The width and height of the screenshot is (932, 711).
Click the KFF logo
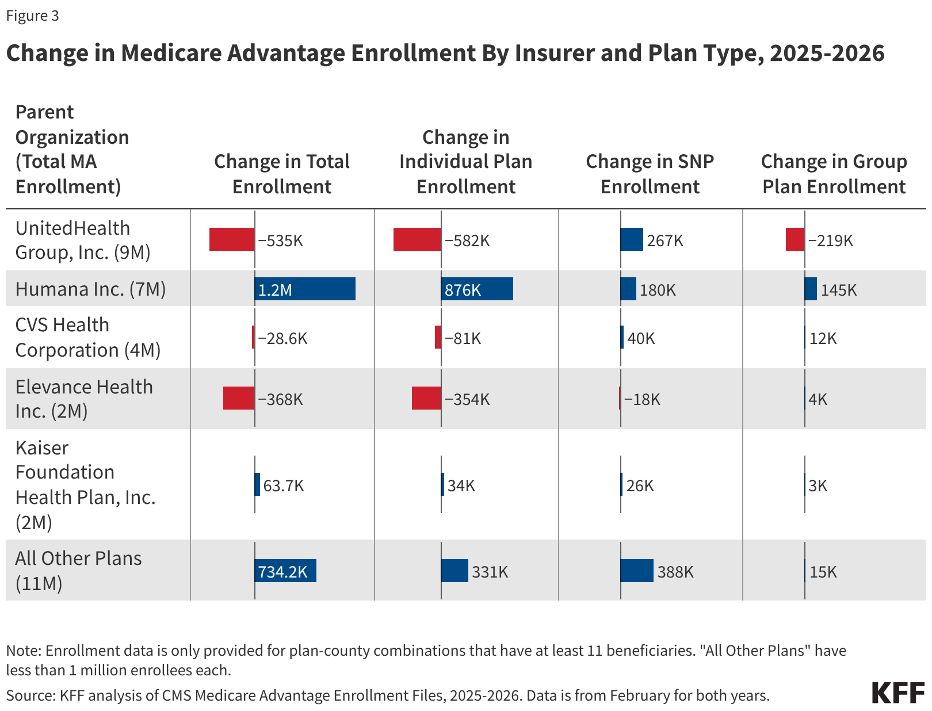pyautogui.click(x=897, y=693)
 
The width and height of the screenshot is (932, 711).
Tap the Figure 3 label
pyautogui.click(x=32, y=16)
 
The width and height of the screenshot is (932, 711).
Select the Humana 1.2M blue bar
pyautogui.click(x=305, y=289)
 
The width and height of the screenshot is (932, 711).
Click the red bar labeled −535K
pyautogui.click(x=232, y=239)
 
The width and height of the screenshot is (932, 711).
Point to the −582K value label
pyautogui.click(x=467, y=240)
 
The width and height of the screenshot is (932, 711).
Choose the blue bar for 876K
pyautogui.click(x=477, y=289)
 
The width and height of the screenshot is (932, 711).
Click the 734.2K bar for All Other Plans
pyautogui.click(x=285, y=571)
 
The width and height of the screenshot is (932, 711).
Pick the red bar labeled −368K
pyautogui.click(x=239, y=398)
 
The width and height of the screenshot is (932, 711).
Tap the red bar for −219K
pyautogui.click(x=795, y=239)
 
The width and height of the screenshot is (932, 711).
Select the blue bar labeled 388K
pyautogui.click(x=637, y=571)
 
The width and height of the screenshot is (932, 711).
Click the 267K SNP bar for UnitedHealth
pyautogui.click(x=632, y=239)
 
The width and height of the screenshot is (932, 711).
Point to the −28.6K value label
pyautogui.click(x=282, y=338)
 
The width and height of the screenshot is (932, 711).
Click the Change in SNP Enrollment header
pyautogui.click(x=650, y=174)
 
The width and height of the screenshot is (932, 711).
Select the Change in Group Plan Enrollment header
pyautogui.click(x=834, y=174)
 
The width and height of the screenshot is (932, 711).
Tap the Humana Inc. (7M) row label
pyautogui.click(x=90, y=289)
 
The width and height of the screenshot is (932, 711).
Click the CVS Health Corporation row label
pyautogui.click(x=87, y=337)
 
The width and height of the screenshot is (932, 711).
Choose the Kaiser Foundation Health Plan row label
pyautogui.click(x=85, y=484)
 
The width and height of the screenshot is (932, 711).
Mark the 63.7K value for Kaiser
pyautogui.click(x=283, y=486)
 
